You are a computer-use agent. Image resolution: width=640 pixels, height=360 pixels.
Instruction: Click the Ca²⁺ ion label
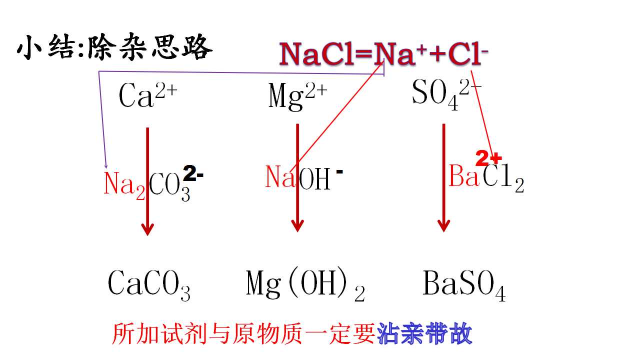[x=148, y=95]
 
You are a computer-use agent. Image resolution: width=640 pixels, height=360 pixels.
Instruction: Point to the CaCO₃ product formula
[x=149, y=285]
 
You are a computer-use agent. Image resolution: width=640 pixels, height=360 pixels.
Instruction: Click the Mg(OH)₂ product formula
[x=305, y=284]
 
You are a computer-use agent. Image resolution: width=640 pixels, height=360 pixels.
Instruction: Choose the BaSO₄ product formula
[x=464, y=285]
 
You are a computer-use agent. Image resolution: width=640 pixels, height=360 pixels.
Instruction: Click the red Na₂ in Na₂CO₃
[x=124, y=185]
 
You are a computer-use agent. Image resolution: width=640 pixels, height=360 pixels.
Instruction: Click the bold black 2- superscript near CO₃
[x=193, y=173]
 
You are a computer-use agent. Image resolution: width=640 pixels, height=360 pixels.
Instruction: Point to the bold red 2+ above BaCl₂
[x=488, y=158]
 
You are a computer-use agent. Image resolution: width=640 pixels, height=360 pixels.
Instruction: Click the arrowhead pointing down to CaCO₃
[x=147, y=229]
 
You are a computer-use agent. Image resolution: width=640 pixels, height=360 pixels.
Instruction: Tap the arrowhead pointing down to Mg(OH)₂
[x=297, y=225]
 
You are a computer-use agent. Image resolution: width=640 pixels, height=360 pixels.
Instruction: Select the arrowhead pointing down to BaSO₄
[x=443, y=225]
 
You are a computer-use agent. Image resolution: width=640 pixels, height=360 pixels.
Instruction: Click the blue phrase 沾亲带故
[x=424, y=333]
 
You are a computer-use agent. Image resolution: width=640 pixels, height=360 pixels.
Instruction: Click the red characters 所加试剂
[x=159, y=333]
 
